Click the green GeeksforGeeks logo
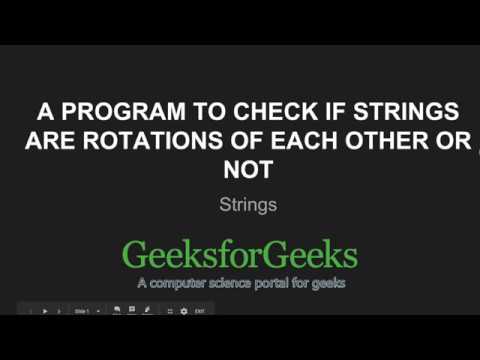tap(240, 255)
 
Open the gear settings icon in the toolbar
tap(184, 312)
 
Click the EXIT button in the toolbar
tap(200, 312)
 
